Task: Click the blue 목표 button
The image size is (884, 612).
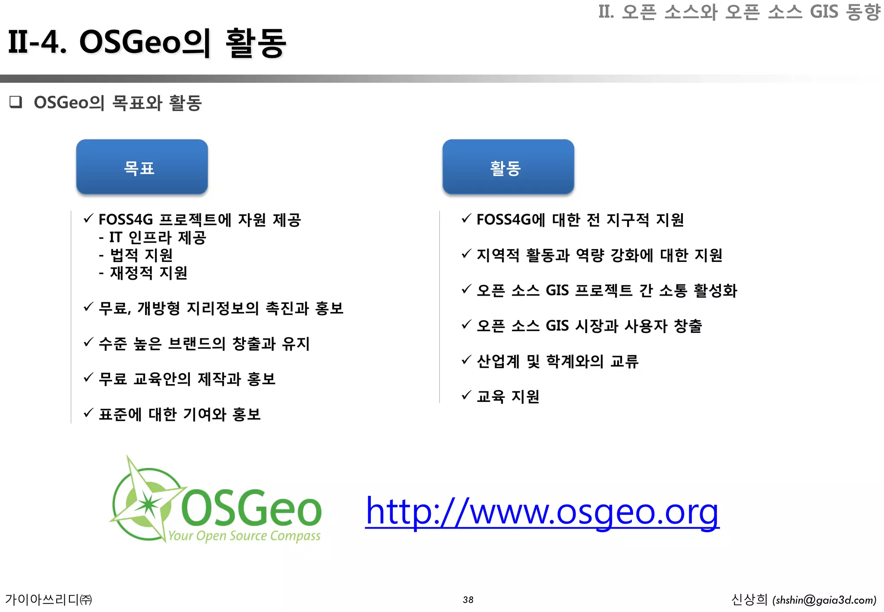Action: tap(142, 167)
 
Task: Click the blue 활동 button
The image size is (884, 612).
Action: tap(508, 167)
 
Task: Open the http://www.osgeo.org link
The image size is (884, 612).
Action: tap(542, 511)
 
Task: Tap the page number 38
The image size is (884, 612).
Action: tap(468, 599)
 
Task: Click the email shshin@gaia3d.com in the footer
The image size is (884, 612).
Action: tap(824, 600)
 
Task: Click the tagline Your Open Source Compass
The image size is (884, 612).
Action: tap(244, 536)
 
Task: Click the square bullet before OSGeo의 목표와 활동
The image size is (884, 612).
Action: tap(16, 102)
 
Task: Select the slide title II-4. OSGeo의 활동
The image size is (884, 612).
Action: tap(147, 42)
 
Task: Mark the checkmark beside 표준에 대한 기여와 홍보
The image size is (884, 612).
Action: tap(88, 413)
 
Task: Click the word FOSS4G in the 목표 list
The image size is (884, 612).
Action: tap(126, 220)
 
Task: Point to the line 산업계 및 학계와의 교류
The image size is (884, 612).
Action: tap(557, 361)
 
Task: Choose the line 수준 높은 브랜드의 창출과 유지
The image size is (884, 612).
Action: tap(204, 344)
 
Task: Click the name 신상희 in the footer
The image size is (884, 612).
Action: tap(749, 599)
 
